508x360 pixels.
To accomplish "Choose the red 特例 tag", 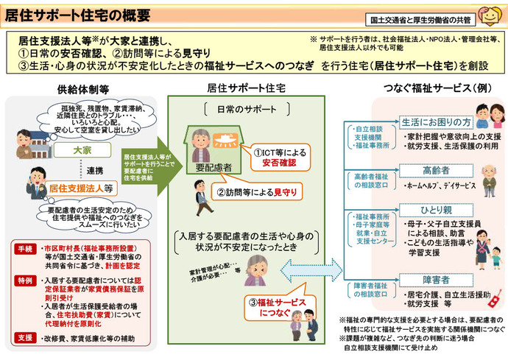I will point(25,281).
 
